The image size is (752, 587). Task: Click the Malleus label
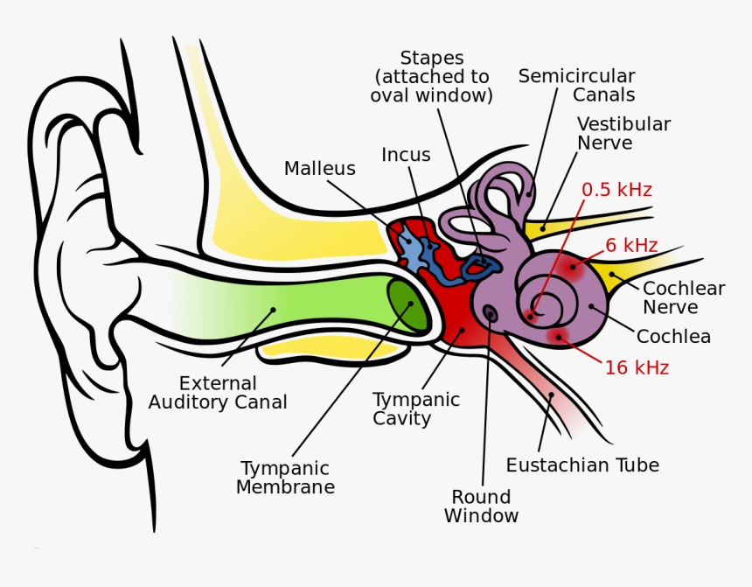click(x=319, y=169)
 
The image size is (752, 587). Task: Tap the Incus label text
click(x=406, y=155)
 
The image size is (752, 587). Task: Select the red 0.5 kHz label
click(x=616, y=190)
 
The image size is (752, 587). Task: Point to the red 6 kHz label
click(x=631, y=246)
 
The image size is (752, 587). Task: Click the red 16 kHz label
click(x=637, y=368)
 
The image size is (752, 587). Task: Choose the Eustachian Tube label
click(x=582, y=465)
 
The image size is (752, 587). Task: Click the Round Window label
click(x=481, y=507)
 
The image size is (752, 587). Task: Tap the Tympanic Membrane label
click(x=285, y=478)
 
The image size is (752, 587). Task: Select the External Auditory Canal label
click(x=218, y=393)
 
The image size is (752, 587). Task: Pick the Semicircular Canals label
click(x=576, y=85)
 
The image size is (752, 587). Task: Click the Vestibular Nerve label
click(x=623, y=133)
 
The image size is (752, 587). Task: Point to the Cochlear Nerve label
click(x=683, y=297)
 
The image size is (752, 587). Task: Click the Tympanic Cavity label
click(x=415, y=409)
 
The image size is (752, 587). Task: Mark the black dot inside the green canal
click(x=274, y=309)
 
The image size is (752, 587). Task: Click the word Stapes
click(x=431, y=59)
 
